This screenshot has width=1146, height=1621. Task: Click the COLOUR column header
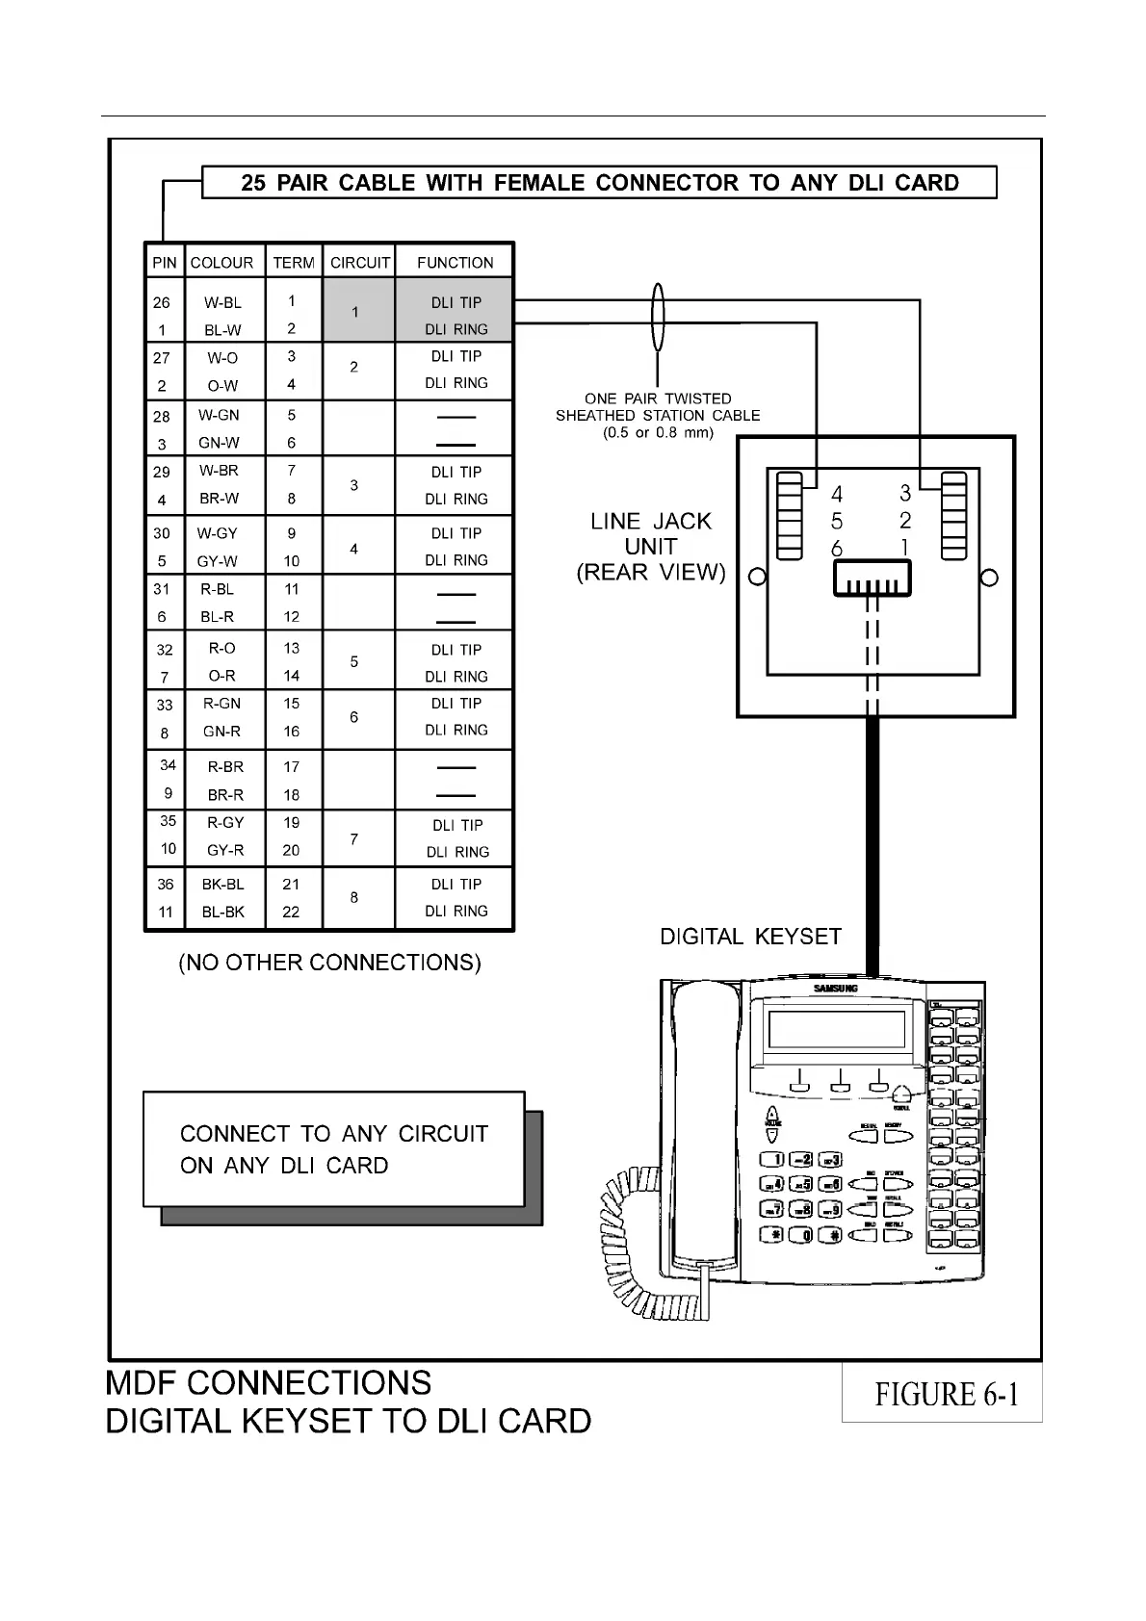[x=221, y=262]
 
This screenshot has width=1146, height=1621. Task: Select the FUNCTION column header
[x=455, y=262]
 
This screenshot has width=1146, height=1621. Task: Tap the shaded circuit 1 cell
[x=355, y=312]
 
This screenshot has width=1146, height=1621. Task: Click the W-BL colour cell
[x=222, y=302]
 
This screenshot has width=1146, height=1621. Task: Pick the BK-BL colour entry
[x=222, y=884]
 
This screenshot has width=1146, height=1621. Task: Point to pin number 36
[x=166, y=884]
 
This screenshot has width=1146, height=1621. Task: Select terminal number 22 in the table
[x=291, y=912]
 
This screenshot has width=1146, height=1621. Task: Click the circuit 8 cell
[x=354, y=897]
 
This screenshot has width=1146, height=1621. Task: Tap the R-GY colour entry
[x=225, y=823]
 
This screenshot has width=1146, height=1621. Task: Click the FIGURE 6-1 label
[x=946, y=1394]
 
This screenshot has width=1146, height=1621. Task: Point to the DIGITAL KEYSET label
[x=750, y=937]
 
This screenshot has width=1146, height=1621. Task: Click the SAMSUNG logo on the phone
[x=835, y=989]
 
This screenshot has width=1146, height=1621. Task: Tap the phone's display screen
[x=836, y=1030]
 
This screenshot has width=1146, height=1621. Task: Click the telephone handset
[x=705, y=1126]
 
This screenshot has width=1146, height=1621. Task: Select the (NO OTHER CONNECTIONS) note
[x=329, y=963]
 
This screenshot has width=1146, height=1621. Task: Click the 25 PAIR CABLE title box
[x=599, y=183]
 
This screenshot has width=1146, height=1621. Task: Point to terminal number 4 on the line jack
[x=837, y=494]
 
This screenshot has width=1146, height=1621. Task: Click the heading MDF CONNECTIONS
[x=269, y=1383]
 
